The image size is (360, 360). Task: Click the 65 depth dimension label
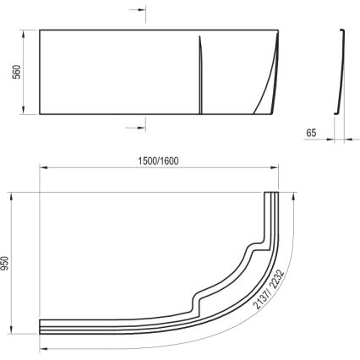[x=312, y=133]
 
